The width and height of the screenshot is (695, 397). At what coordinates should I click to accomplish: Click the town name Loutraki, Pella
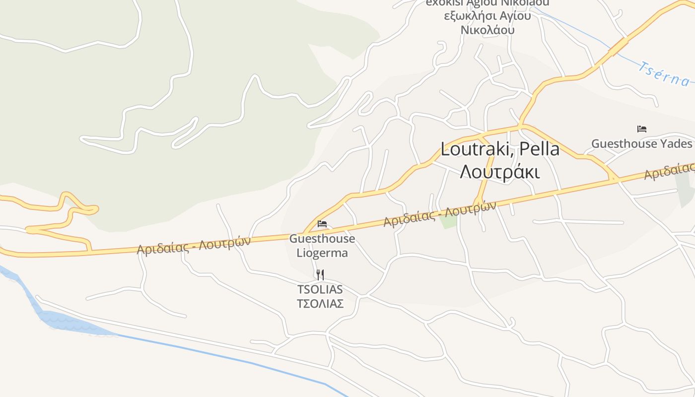(500, 149)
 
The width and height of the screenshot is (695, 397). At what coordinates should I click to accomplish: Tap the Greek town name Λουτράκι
(500, 172)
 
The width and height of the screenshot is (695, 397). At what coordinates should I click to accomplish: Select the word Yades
(676, 144)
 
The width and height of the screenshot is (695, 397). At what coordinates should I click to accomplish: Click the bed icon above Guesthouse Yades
(641, 129)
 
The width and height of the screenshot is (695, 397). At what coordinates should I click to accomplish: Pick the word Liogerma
(322, 253)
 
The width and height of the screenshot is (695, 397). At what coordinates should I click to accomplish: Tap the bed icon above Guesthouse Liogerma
(322, 224)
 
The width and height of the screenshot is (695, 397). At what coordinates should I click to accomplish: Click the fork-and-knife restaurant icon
(320, 274)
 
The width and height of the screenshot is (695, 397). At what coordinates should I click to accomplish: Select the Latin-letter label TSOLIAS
(320, 289)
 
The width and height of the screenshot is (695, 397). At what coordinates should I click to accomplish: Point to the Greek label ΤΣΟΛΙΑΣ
(320, 304)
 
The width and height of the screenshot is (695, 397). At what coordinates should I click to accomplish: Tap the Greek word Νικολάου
(487, 30)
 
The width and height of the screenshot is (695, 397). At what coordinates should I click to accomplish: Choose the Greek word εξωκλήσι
(468, 16)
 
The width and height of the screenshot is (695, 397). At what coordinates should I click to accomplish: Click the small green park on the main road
(449, 221)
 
